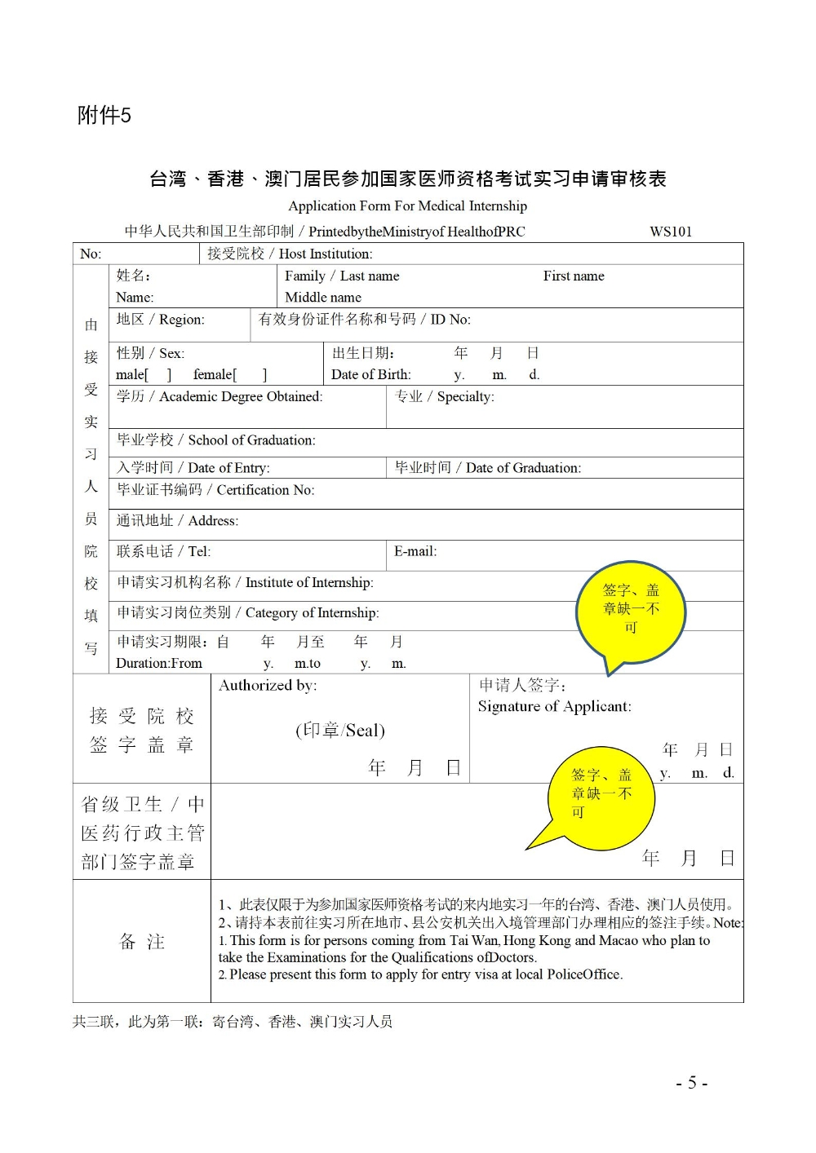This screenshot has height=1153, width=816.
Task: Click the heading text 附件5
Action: pyautogui.click(x=104, y=115)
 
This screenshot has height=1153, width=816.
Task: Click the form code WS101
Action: pyautogui.click(x=670, y=232)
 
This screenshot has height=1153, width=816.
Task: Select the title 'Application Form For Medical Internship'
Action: pyautogui.click(x=407, y=205)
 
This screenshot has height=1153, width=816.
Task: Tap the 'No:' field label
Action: pyautogui.click(x=91, y=254)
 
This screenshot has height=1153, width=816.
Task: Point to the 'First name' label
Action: pyautogui.click(x=574, y=276)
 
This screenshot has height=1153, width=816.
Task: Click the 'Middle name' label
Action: pyautogui.click(x=323, y=298)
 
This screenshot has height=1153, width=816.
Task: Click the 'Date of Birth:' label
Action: pyautogui.click(x=371, y=374)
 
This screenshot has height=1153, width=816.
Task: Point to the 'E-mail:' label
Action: pyautogui.click(x=415, y=551)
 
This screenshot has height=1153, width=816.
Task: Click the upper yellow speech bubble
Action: pyautogui.click(x=631, y=608)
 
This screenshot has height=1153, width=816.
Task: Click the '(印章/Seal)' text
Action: pyautogui.click(x=340, y=730)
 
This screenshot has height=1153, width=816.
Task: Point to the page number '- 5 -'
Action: pyautogui.click(x=691, y=1083)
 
